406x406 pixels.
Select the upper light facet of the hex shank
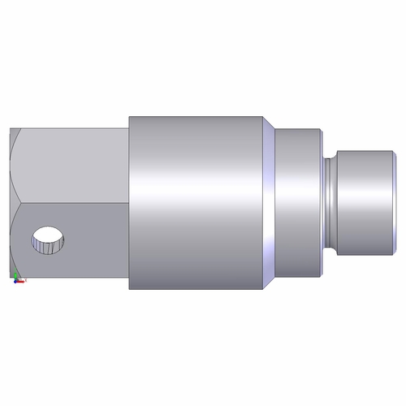tap(73, 166)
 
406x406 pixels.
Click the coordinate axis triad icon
tap(17, 276)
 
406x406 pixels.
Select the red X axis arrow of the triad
tap(24, 280)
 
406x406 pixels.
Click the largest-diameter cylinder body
tap(195, 203)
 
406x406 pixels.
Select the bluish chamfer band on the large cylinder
tap(268, 203)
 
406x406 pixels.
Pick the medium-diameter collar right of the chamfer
tap(298, 203)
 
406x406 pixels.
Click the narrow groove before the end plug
tap(329, 203)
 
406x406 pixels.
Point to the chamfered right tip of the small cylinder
tap(393, 203)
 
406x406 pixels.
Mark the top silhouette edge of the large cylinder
tap(195, 115)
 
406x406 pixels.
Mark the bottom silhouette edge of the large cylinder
tap(195, 290)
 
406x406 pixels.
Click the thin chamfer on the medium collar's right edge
tap(322, 203)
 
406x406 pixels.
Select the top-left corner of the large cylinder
tap(129, 116)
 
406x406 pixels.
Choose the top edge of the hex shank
tap(69, 127)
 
